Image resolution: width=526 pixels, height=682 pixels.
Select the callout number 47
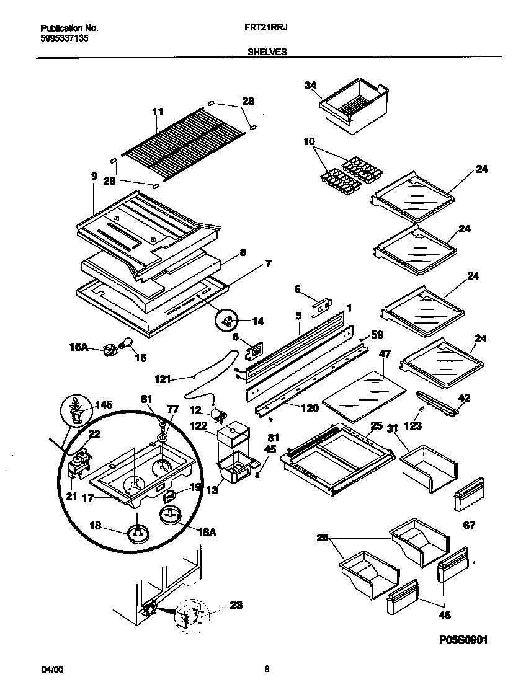[x=385, y=354]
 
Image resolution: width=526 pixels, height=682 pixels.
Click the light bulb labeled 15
[x=127, y=342]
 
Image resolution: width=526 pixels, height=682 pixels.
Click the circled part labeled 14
[x=227, y=321]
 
